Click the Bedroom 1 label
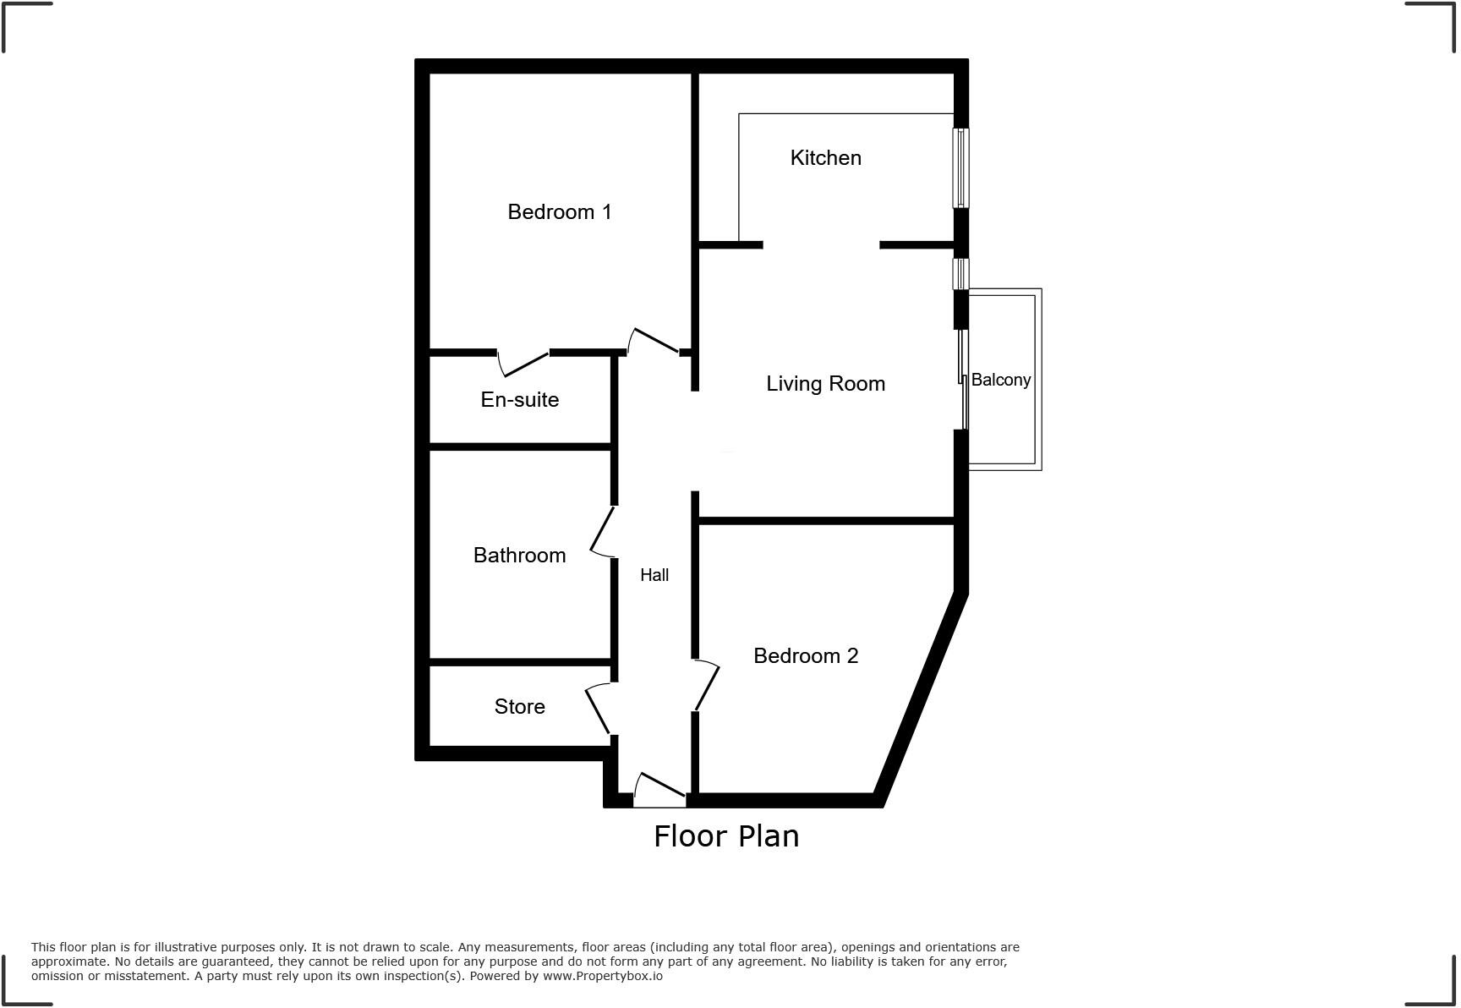(559, 212)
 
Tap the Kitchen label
(825, 158)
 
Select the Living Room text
(825, 384)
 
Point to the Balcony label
(1000, 381)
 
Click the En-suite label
(519, 400)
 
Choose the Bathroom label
(519, 556)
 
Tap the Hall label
(654, 576)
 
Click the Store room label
(519, 707)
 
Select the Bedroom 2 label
(805, 656)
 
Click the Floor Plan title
(726, 836)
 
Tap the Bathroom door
(601, 531)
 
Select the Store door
(598, 710)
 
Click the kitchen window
(960, 167)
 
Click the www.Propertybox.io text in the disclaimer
(603, 976)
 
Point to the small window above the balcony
(960, 274)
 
